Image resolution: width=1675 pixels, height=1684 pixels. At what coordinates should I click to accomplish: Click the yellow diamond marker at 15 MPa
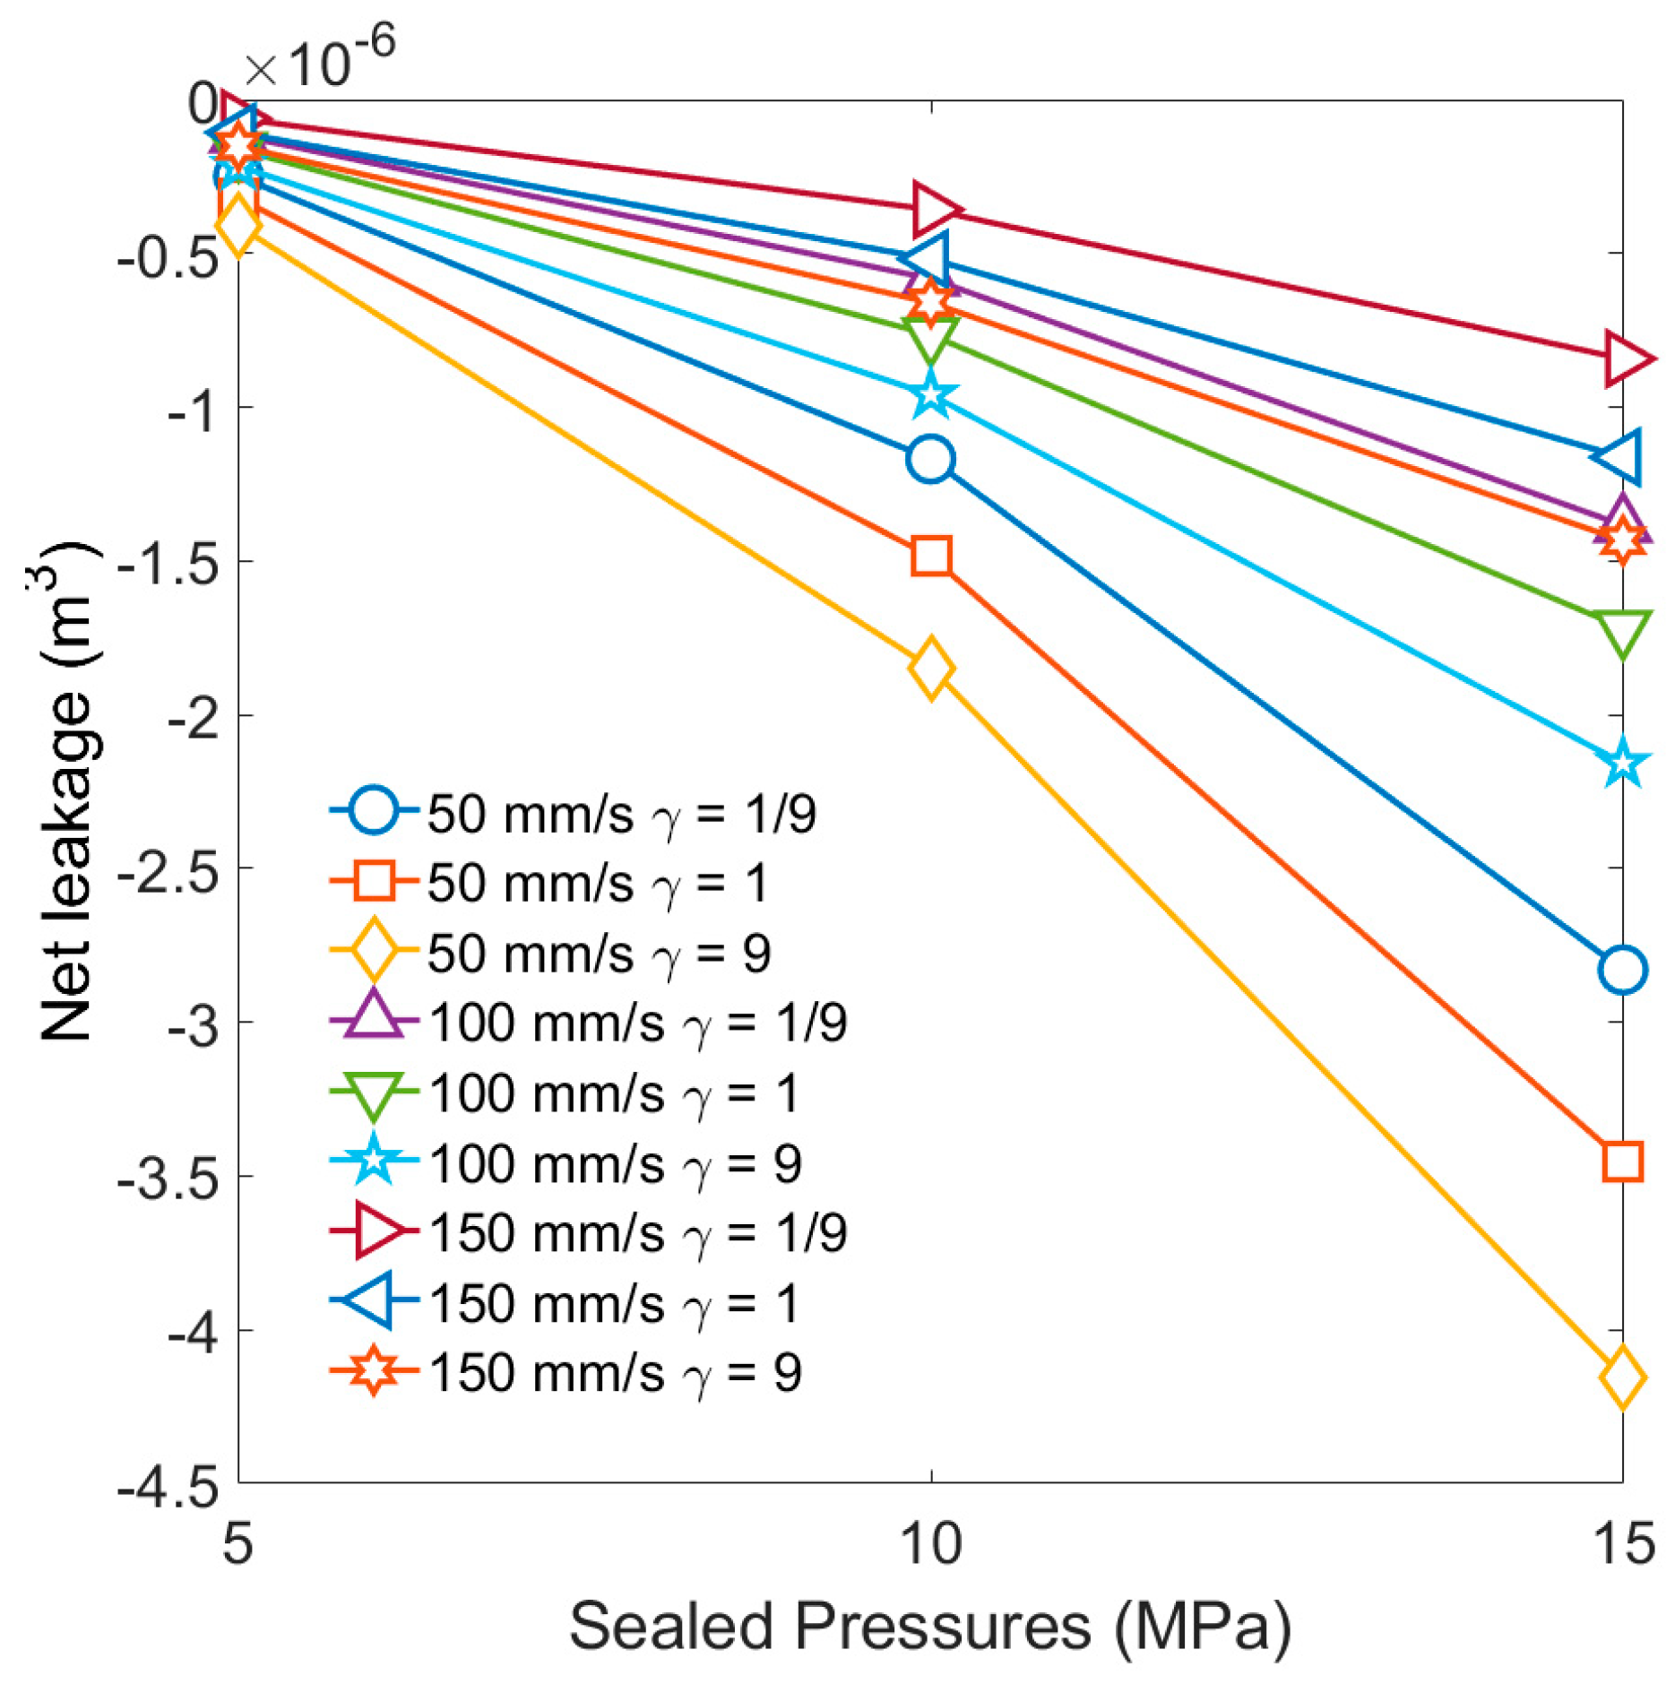click(x=1621, y=1377)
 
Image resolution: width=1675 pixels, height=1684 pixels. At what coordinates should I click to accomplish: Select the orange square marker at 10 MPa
click(x=930, y=557)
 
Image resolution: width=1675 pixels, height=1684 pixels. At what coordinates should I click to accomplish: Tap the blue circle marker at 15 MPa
click(x=1621, y=970)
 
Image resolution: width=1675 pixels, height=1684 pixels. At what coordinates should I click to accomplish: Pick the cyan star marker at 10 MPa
click(x=930, y=395)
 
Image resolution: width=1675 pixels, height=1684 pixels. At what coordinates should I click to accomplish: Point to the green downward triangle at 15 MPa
click(x=1621, y=632)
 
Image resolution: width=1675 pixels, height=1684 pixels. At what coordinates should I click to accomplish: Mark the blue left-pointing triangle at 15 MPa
click(x=1621, y=456)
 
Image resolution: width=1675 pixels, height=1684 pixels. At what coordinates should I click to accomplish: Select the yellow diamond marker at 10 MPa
click(x=930, y=668)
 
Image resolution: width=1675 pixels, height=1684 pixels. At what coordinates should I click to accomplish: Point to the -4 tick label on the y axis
click(x=193, y=1333)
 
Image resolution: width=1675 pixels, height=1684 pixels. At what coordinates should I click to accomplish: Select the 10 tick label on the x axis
click(x=930, y=1543)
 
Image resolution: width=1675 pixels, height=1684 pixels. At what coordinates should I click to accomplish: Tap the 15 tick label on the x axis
click(x=1623, y=1543)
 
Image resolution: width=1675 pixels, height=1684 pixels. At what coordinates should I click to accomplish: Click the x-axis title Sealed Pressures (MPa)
click(x=930, y=1627)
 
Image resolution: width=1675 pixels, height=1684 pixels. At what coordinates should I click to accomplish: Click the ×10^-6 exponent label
click(x=320, y=59)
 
